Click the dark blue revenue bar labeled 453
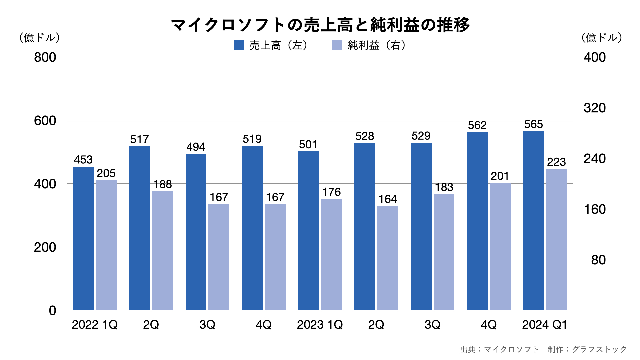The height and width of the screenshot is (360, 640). coord(83,238)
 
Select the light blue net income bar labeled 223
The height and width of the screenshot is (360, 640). coord(556,239)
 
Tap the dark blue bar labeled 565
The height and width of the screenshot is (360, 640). coord(533,220)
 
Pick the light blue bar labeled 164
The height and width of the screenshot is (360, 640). coord(388,258)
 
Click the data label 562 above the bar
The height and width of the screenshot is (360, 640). coord(477,125)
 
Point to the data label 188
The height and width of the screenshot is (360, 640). coord(162,184)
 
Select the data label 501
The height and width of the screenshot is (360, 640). coord(308,145)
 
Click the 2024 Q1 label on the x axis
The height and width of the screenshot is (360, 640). coord(544,325)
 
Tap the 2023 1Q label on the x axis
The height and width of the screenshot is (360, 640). coord(320,325)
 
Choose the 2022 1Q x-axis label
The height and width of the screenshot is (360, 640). coord(95,325)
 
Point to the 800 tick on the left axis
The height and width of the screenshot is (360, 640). coord(45,57)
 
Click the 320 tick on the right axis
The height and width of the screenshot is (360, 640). coord(595,108)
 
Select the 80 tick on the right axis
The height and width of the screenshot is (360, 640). coord(598,260)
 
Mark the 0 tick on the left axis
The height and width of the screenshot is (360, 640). coord(52,311)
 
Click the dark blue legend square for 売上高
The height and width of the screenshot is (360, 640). coord(239,45)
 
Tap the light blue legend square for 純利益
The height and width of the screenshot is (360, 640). coord(337,45)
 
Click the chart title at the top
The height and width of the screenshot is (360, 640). coord(320,25)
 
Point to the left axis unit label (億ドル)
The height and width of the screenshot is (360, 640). coord(39,37)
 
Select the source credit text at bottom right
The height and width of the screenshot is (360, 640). coord(543,349)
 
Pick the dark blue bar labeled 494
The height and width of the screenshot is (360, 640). coord(196,232)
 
